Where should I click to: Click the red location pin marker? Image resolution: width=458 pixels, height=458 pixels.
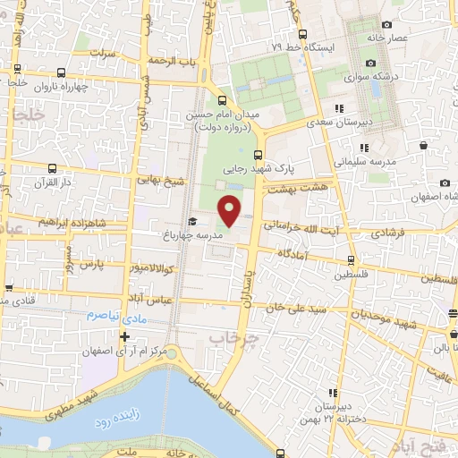coord(230,209)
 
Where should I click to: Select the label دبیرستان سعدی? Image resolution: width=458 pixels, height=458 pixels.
coord(339,123)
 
